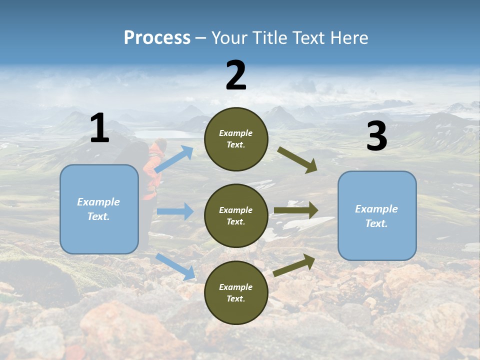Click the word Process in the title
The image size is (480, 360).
[157, 37]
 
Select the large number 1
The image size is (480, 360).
[99, 128]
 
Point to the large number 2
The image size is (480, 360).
[236, 75]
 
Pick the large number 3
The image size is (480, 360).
[376, 136]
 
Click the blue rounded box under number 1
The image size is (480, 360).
[99, 209]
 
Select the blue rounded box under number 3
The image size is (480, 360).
[377, 215]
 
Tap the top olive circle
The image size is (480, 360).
[236, 139]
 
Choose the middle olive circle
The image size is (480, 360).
[236, 215]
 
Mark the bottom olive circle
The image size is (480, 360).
[236, 292]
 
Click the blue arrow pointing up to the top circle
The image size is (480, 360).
[174, 159]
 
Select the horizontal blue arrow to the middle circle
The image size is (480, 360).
[175, 211]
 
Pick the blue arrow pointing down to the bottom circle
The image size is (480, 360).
[175, 266]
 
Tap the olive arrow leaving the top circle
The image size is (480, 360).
[297, 159]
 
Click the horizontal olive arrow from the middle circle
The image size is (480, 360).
[296, 210]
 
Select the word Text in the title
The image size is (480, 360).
[309, 37]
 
